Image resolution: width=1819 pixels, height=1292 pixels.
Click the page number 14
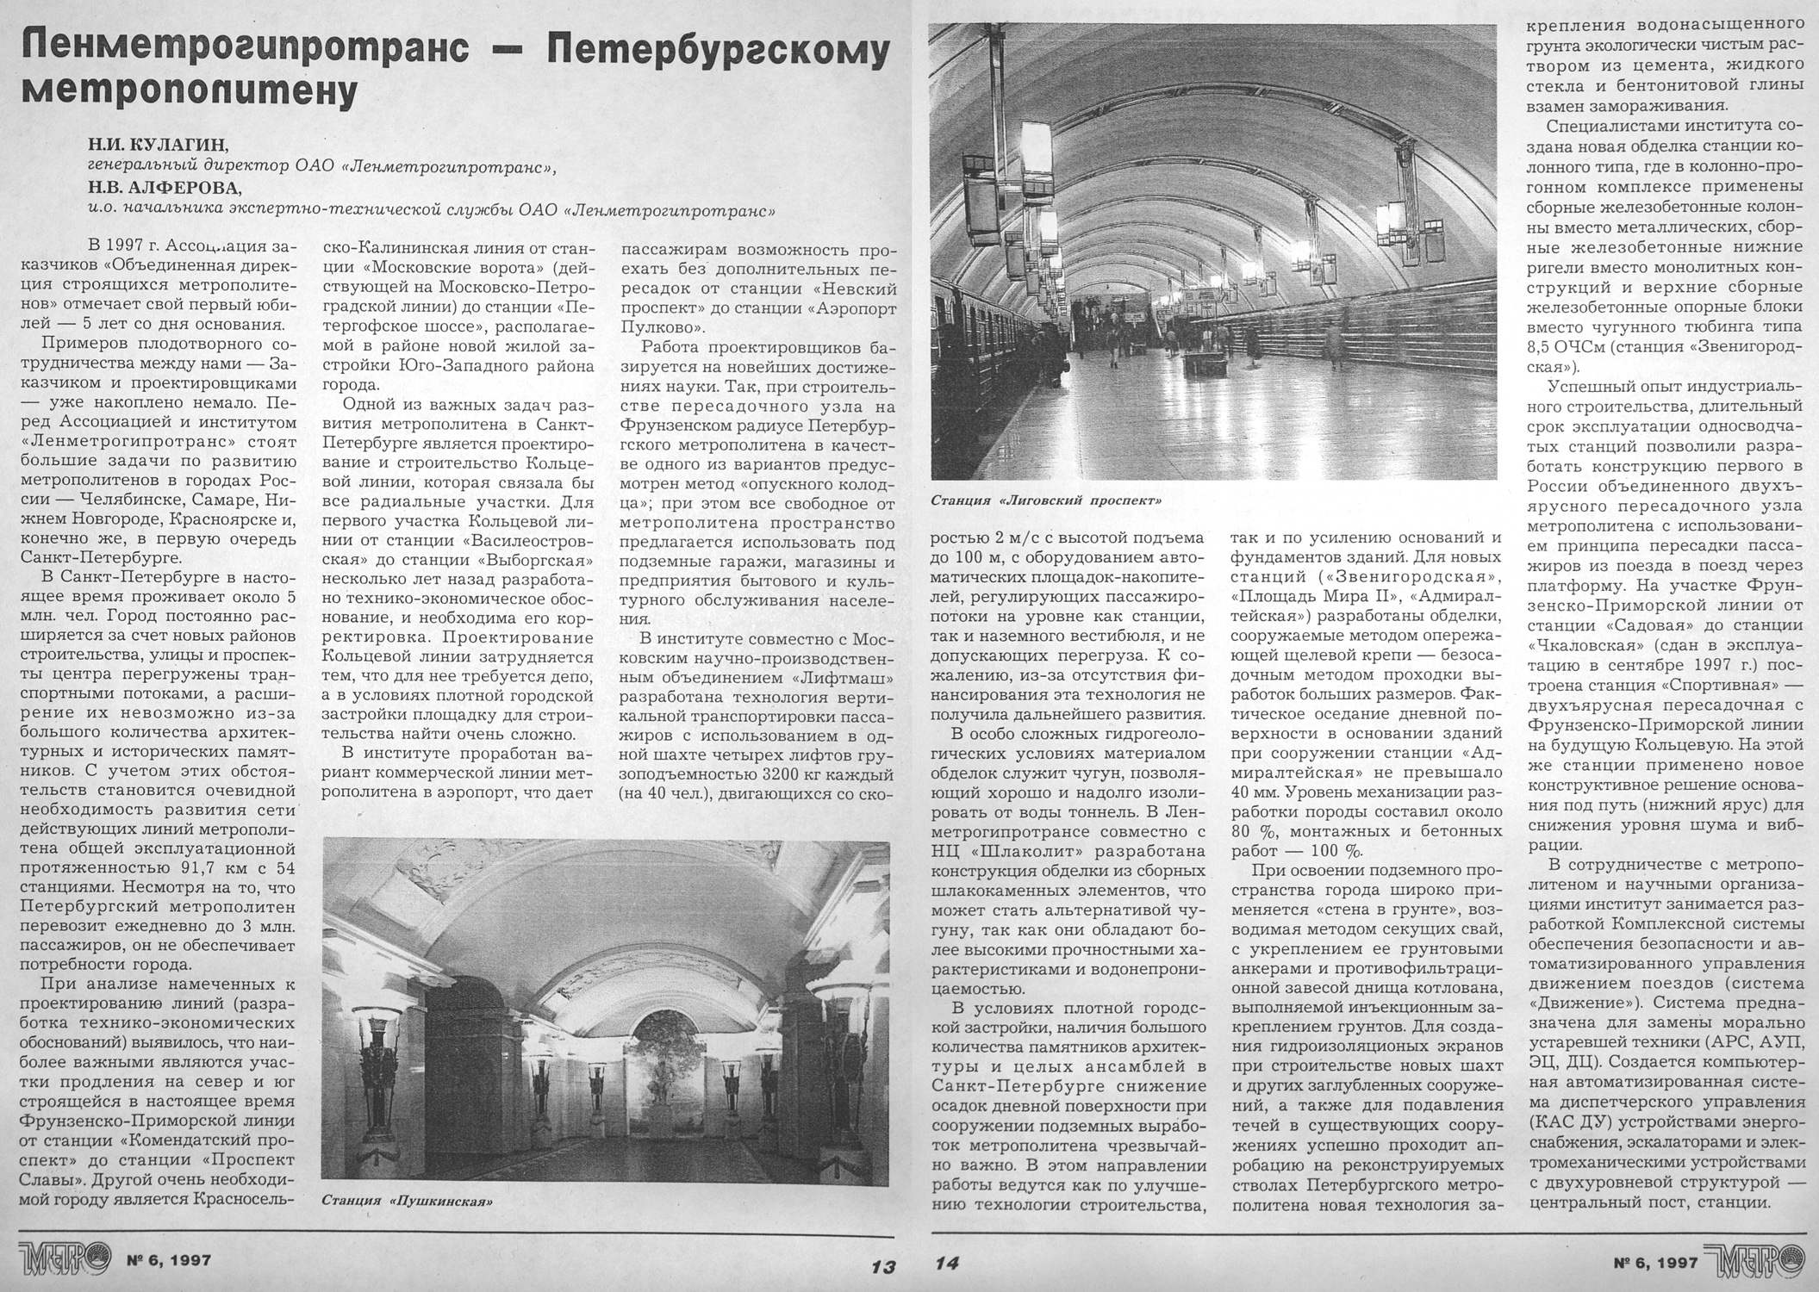[x=947, y=1264]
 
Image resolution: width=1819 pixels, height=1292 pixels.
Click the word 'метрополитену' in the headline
[x=188, y=89]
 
